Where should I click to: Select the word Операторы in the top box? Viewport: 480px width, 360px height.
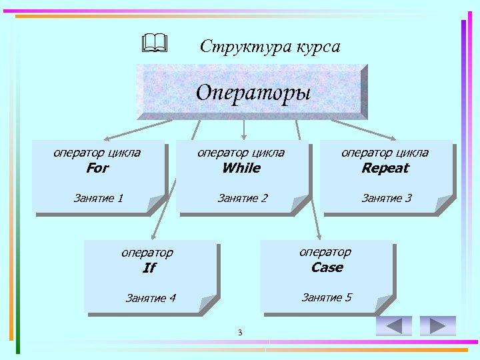[253, 91]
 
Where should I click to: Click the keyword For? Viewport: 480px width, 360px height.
[97, 168]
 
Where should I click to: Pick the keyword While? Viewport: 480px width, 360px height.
[241, 168]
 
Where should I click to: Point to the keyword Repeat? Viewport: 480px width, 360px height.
[385, 168]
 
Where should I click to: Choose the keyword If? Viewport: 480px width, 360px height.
[149, 268]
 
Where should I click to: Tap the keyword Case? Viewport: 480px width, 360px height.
[327, 267]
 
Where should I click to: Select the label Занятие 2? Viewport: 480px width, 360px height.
[243, 198]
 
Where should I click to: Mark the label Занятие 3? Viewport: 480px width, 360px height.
[387, 198]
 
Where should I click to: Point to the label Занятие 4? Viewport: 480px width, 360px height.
[151, 298]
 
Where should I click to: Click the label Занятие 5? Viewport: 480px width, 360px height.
[327, 297]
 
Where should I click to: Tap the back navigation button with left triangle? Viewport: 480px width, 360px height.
[394, 325]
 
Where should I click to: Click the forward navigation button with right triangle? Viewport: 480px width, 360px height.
[438, 325]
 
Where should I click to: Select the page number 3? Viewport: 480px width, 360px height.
[240, 333]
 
